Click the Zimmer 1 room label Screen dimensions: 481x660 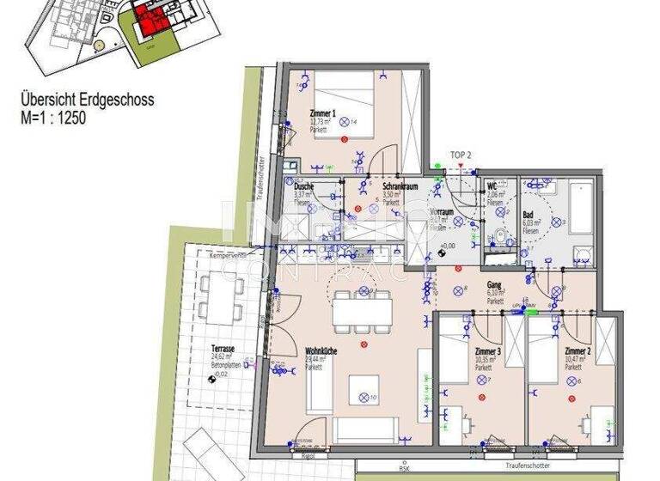point(322,114)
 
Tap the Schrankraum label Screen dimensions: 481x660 point(376,186)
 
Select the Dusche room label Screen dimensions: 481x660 point(303,186)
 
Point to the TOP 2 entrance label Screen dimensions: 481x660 point(461,156)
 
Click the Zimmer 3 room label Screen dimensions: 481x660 point(487,352)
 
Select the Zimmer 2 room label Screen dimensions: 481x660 point(578,352)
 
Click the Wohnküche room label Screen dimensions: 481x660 point(320,351)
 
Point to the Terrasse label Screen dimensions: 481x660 point(224,350)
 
